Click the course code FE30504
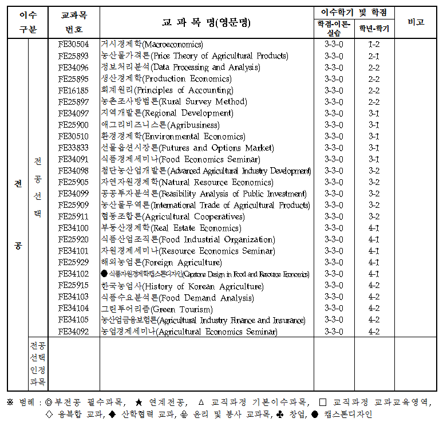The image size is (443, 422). coord(73,44)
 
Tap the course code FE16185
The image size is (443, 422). coord(73,90)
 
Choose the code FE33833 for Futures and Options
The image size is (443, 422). coord(73,148)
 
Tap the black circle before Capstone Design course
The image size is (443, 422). coord(104,274)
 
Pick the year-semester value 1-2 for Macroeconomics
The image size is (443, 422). coord(374,44)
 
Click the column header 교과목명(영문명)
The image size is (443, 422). coord(206,22)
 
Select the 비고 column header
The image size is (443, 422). coord(416,22)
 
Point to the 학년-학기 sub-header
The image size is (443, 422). coord(374,27)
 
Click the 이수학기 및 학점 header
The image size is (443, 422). coord(354,12)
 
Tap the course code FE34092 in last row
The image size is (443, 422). coord(73,332)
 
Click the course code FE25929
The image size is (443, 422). coord(73,262)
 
